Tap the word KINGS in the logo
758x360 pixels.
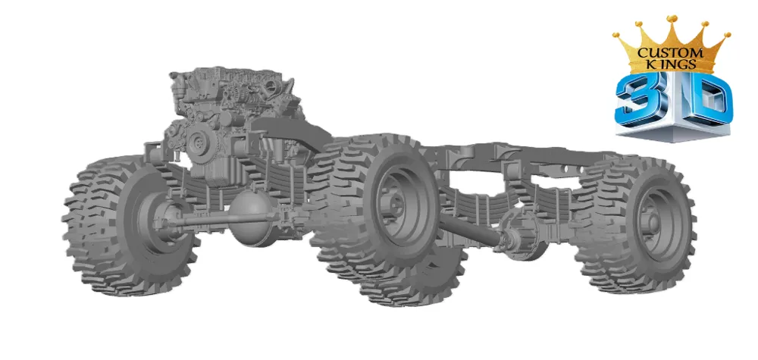(x=671, y=64)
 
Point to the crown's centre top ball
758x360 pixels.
(x=672, y=19)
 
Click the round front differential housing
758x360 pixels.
(x=248, y=218)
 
